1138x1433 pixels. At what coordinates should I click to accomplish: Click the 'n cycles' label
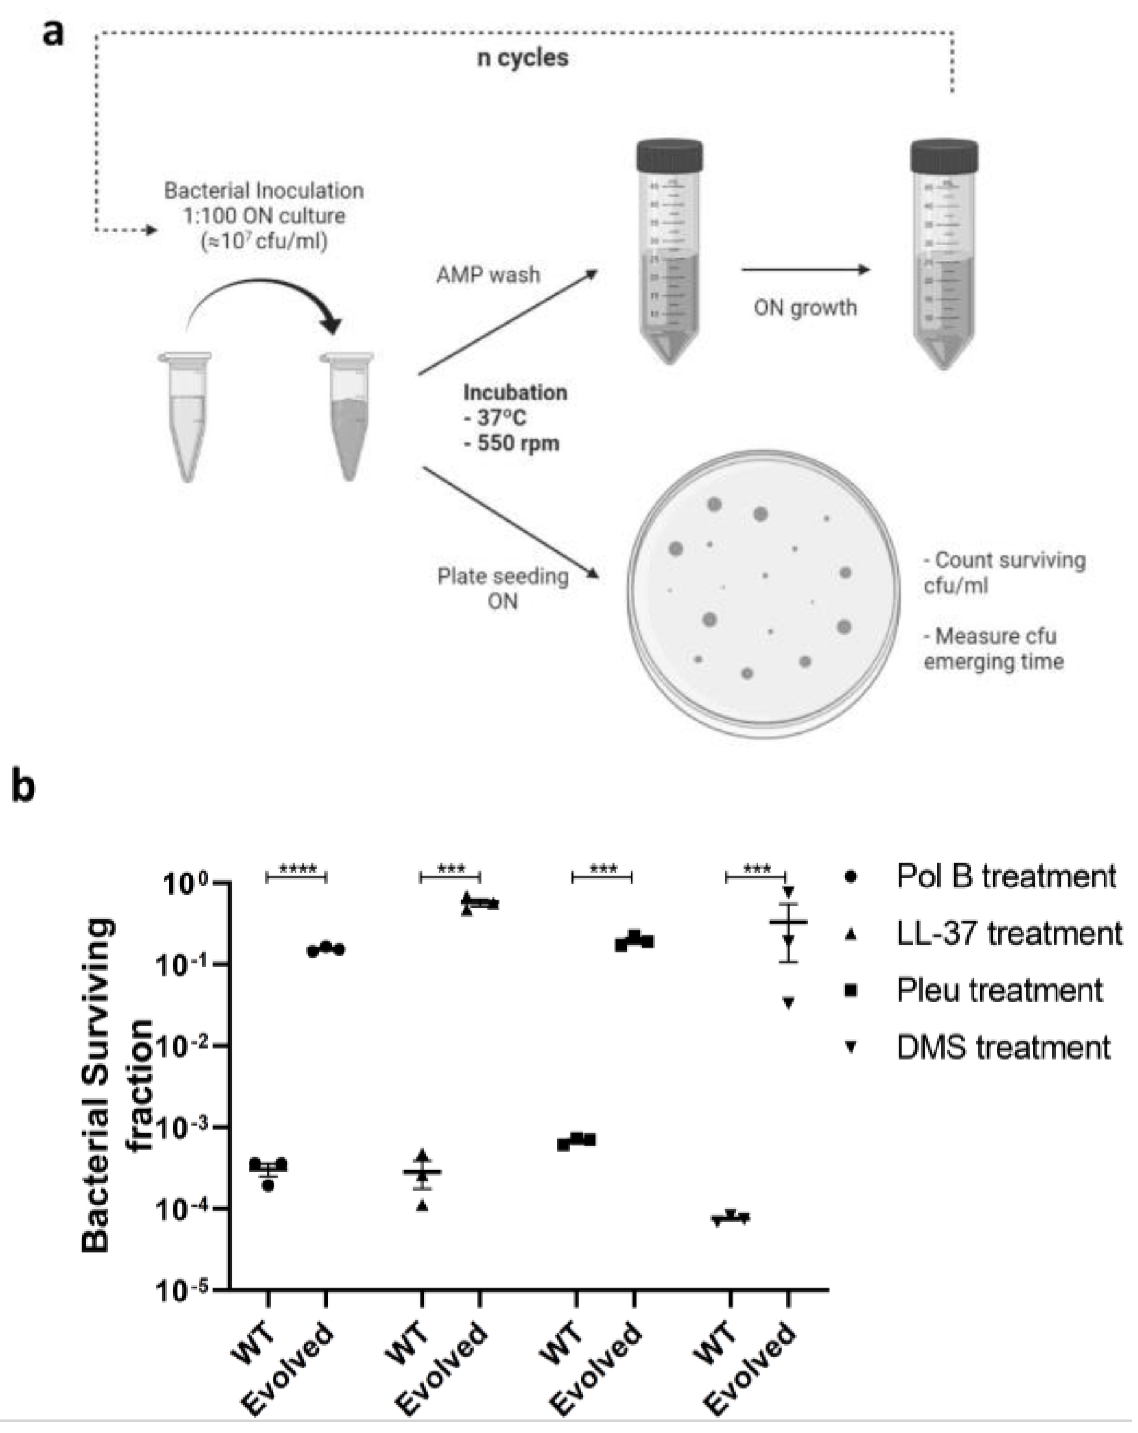522,58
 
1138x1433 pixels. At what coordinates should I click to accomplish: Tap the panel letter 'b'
24,787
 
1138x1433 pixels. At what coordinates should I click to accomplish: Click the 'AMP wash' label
488,275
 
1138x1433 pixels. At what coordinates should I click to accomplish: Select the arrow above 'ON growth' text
805,269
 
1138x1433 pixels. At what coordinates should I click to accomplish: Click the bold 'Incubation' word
515,393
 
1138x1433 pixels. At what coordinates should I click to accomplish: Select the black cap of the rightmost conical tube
944,156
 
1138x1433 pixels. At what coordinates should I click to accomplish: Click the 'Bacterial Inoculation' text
264,191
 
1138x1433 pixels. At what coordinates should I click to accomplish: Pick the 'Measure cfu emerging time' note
993,649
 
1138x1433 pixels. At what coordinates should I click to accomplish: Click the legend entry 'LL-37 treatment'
1008,933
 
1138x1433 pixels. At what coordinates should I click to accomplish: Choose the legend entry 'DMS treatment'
1003,1047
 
